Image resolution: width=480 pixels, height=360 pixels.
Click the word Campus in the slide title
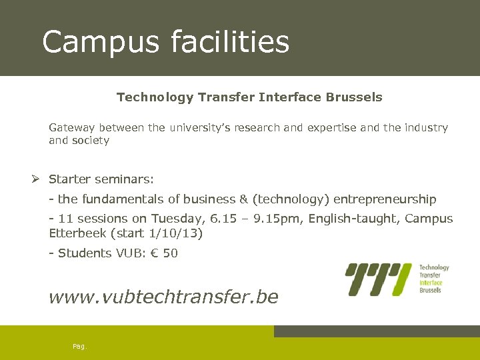101,41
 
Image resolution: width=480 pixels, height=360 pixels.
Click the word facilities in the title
230,41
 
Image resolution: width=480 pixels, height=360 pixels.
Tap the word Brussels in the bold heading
354,97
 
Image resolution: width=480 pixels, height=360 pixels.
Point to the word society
91,141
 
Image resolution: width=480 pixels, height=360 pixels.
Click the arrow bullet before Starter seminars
37,179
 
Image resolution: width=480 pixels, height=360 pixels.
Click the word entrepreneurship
385,199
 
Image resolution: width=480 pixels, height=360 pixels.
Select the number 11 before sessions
65,219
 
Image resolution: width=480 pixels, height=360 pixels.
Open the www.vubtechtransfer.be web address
163,297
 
